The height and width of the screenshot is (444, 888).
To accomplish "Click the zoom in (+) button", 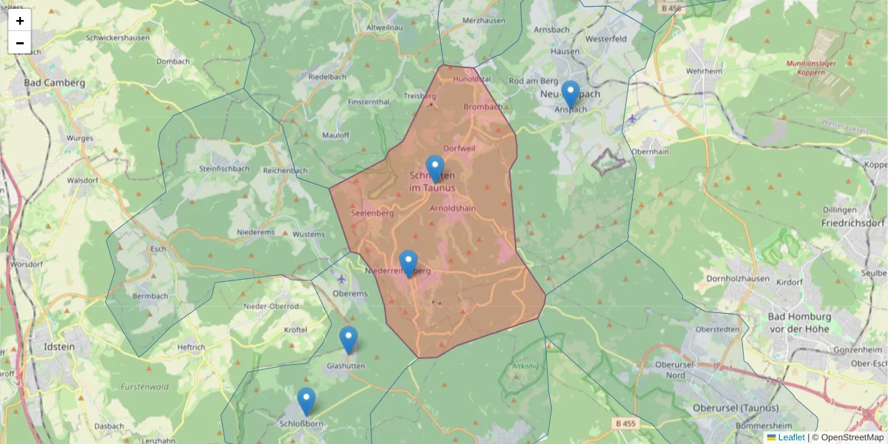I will (x=20, y=21).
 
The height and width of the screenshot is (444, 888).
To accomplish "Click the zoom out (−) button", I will (x=20, y=43).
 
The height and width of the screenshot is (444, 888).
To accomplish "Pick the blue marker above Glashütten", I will (x=348, y=340).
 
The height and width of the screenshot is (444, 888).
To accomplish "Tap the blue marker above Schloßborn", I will (x=306, y=401).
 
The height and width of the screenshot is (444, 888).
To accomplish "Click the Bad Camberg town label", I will (x=54, y=83).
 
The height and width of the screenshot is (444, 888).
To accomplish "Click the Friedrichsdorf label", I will (x=852, y=222).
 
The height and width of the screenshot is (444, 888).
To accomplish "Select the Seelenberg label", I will (x=371, y=212).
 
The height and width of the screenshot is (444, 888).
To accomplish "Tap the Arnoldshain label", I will (x=454, y=209).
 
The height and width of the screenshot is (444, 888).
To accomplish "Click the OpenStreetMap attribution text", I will (x=851, y=437).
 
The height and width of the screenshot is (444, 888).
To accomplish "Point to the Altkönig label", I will (x=525, y=366).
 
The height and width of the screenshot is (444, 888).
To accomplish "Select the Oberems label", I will (x=350, y=293).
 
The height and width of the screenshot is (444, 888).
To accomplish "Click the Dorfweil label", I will (x=459, y=148).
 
